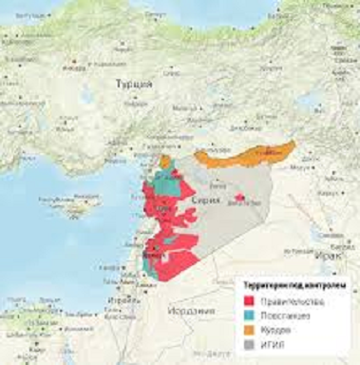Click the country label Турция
point(133,85)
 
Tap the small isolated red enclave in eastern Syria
point(238,198)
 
